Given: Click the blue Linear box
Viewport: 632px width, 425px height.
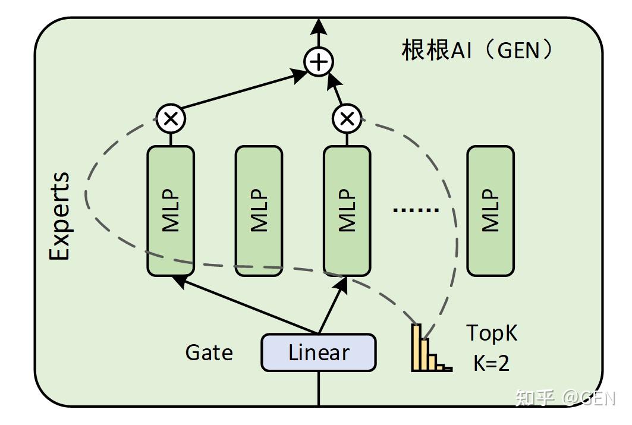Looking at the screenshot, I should pos(319,352).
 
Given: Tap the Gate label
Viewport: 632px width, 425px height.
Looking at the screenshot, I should pos(209,352).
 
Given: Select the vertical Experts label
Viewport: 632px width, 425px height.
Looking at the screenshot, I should pos(59,216).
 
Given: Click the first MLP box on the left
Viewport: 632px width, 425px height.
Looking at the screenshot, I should pos(171,211).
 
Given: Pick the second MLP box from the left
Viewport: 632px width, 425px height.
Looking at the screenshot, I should pos(259,211).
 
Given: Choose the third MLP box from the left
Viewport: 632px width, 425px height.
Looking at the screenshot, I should pos(347,211).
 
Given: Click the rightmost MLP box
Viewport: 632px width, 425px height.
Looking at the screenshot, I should pos(490,211).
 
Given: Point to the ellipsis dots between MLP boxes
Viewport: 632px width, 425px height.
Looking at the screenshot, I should pos(416,210).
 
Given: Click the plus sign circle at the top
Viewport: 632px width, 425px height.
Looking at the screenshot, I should pos(319,62).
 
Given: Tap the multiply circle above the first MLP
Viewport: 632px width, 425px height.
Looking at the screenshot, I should pos(171,118).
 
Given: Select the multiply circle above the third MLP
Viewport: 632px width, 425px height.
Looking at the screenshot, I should pos(347,118).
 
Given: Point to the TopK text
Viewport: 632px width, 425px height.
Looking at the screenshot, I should pos(491,333).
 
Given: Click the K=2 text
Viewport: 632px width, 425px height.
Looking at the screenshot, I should pos(491,363).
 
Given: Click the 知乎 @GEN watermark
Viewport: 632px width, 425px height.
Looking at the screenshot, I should pos(565,398).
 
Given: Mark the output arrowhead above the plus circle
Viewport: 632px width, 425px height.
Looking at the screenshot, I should pos(319,27).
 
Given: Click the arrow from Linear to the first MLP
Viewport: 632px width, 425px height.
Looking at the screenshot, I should pos(247,306).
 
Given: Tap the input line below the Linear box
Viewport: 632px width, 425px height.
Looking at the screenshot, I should pos(319,389).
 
